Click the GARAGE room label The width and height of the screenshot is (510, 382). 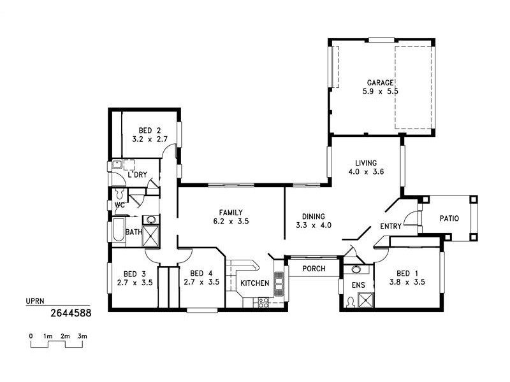(x=380, y=83)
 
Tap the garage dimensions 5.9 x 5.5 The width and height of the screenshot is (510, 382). (x=380, y=92)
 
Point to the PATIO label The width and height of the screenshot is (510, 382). (x=449, y=218)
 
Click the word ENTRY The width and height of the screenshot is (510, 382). (x=390, y=227)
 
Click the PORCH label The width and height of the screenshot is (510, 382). (x=314, y=269)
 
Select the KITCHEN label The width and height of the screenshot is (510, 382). (x=254, y=283)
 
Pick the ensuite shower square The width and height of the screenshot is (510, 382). (x=365, y=300)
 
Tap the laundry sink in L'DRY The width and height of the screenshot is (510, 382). (x=117, y=165)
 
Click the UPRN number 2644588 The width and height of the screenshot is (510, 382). (x=70, y=313)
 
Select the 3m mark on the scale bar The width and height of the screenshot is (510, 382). (x=82, y=336)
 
